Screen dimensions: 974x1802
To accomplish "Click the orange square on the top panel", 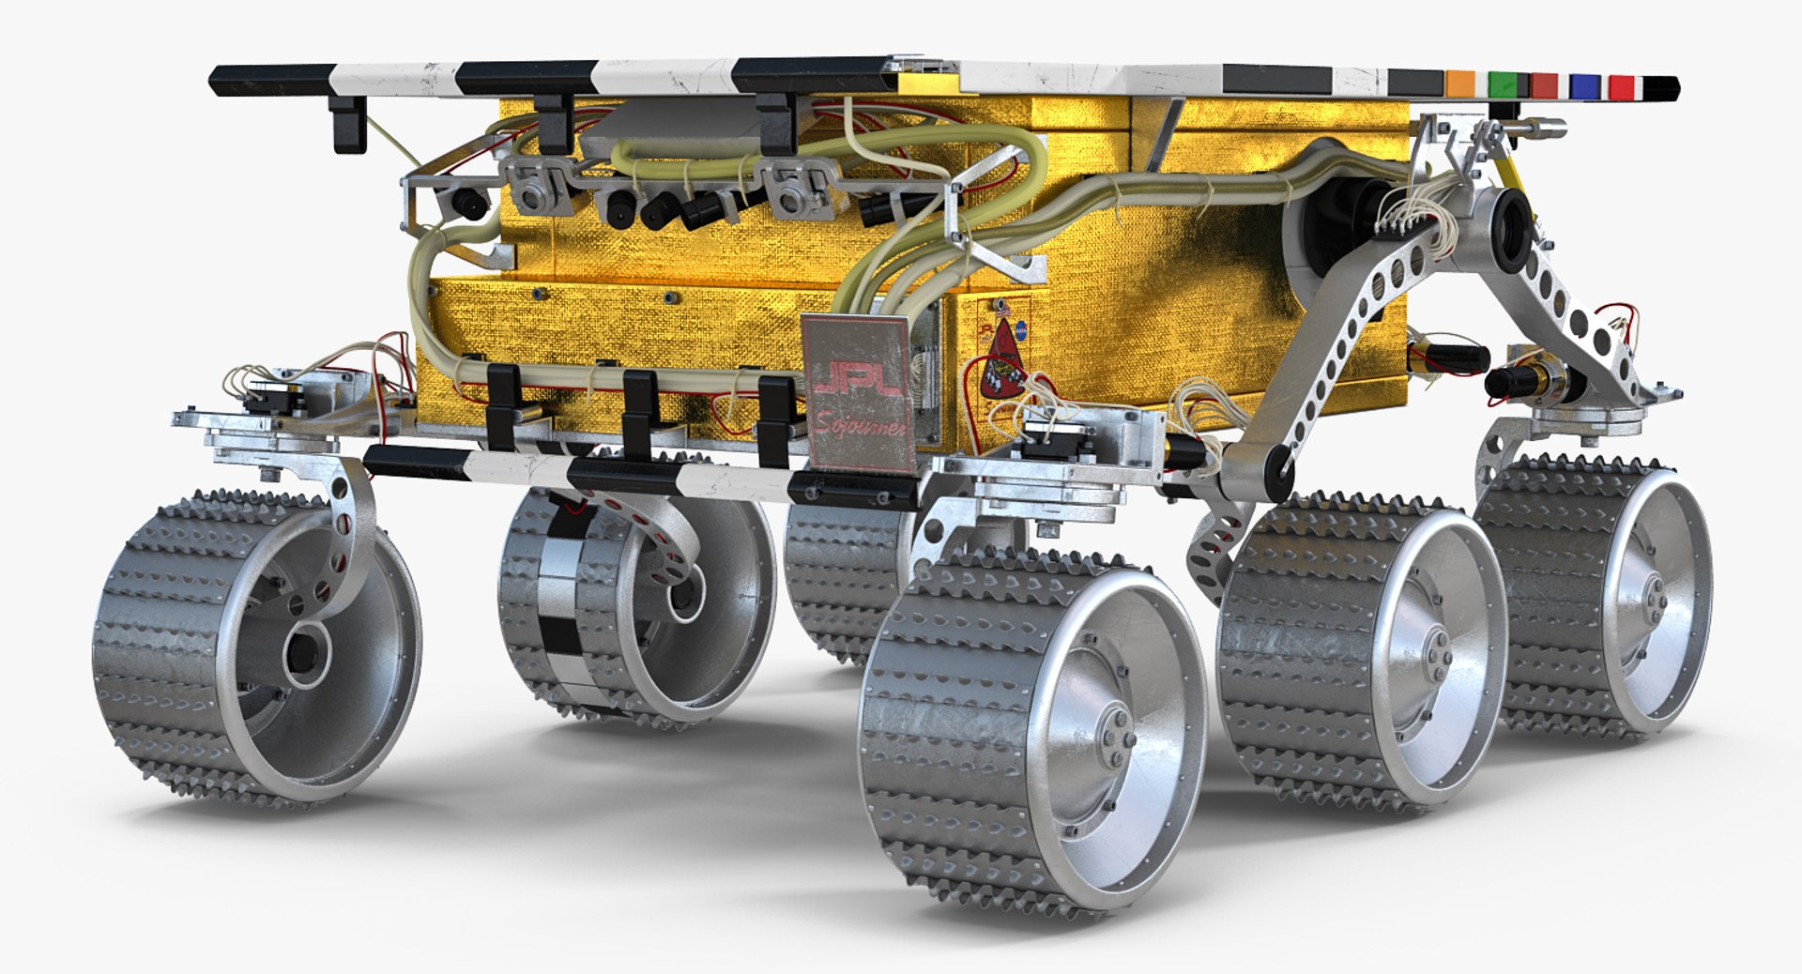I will point(1459,84).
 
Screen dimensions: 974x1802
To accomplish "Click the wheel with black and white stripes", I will point(563,601).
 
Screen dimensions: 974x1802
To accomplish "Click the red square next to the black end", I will point(1622,87).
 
